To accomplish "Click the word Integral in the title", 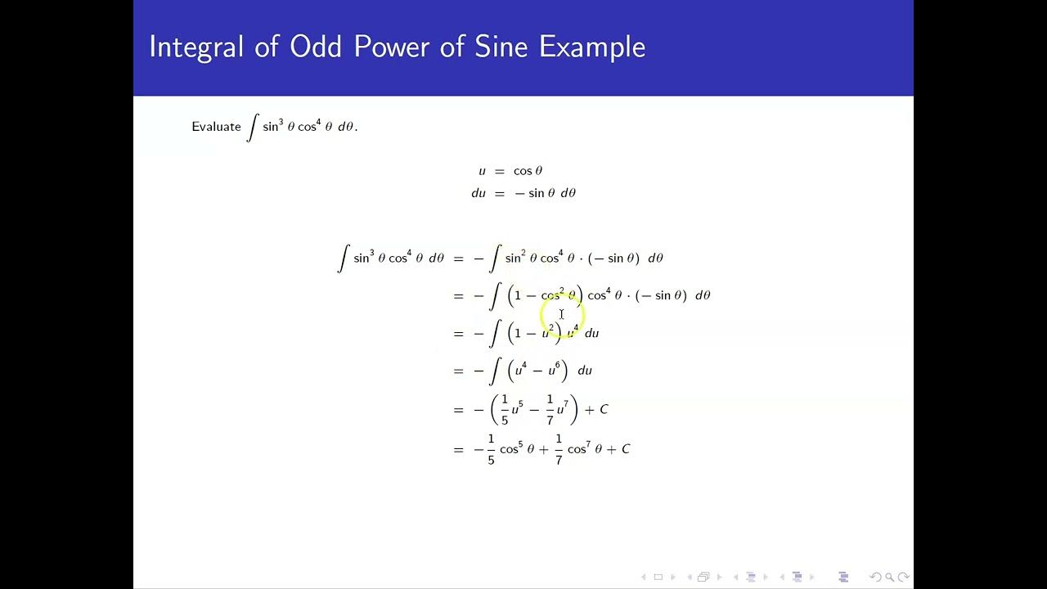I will [x=196, y=47].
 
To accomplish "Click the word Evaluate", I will [x=216, y=127].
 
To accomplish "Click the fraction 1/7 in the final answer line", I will [x=559, y=449].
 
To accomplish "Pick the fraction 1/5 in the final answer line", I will [x=491, y=449].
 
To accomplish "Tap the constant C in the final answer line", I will [x=626, y=449].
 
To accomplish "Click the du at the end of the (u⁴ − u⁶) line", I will [x=585, y=371].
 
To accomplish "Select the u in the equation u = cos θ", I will [x=482, y=171].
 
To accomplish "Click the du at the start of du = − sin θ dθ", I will [x=479, y=193].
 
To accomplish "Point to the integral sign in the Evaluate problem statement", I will [x=253, y=127].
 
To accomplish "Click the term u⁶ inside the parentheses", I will [x=555, y=371].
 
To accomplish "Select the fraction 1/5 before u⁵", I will [x=505, y=408].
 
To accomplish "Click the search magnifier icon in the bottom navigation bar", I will [x=889, y=578].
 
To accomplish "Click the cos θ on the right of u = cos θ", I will [x=528, y=171].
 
